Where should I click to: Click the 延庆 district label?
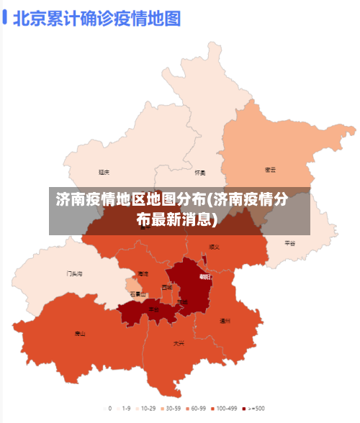pos(104,173)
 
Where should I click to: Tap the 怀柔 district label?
pos(200,173)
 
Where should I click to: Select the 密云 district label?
pos(271,170)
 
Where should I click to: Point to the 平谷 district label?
pos(290,243)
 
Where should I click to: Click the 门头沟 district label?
pos(75,274)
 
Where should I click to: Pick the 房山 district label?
pos(80,334)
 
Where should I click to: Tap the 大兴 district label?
pos(179,343)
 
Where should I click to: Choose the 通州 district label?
pos(225,321)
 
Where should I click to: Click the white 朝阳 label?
pos(204,277)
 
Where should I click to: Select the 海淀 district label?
pos(143,274)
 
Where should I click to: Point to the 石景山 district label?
pos(138,294)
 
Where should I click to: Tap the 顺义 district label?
pos(214,247)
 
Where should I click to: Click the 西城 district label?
pos(167,287)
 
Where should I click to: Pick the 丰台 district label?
pos(153,309)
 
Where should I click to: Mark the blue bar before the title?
pos(5,17)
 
